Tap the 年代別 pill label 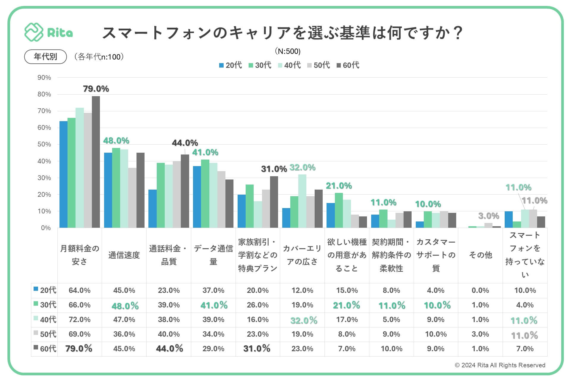[x=45, y=57]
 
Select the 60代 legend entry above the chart [x=348, y=65]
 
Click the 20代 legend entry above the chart [x=230, y=65]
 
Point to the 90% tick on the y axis [x=44, y=78]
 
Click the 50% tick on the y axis [x=44, y=144]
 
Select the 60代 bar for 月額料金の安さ [x=96, y=162]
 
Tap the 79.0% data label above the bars [x=96, y=89]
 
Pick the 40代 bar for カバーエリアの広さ [x=302, y=201]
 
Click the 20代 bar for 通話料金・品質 [x=153, y=209]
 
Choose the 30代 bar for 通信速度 [x=116, y=188]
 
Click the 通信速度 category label [x=124, y=255]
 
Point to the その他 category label [x=480, y=255]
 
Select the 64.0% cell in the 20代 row [x=79, y=291]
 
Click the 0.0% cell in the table [x=480, y=291]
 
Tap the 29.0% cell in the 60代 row [x=213, y=349]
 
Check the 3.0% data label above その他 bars [x=489, y=216]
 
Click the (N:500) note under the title [x=288, y=51]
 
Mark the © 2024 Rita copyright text [x=500, y=365]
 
